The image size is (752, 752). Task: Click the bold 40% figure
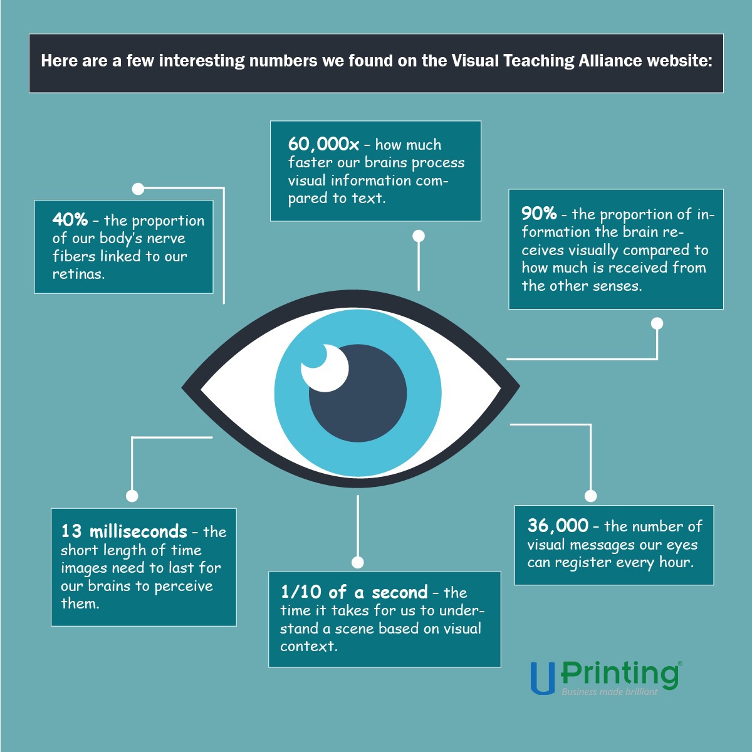click(70, 220)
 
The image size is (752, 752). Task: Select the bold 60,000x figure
click(323, 144)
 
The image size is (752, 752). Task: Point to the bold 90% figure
click(539, 214)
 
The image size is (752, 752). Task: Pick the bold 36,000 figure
click(558, 525)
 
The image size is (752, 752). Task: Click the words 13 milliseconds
click(124, 531)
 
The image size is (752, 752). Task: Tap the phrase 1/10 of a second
click(354, 592)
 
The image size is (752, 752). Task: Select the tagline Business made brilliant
click(610, 692)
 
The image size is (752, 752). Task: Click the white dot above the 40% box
click(138, 189)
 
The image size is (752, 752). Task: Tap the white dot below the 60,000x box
click(419, 236)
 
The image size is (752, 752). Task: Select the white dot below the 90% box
click(657, 323)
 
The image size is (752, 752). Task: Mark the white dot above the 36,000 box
click(591, 496)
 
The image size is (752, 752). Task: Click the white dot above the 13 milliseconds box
click(132, 496)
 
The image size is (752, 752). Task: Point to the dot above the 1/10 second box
click(358, 562)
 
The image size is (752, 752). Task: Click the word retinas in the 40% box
click(78, 274)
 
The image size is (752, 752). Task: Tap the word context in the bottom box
click(309, 646)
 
